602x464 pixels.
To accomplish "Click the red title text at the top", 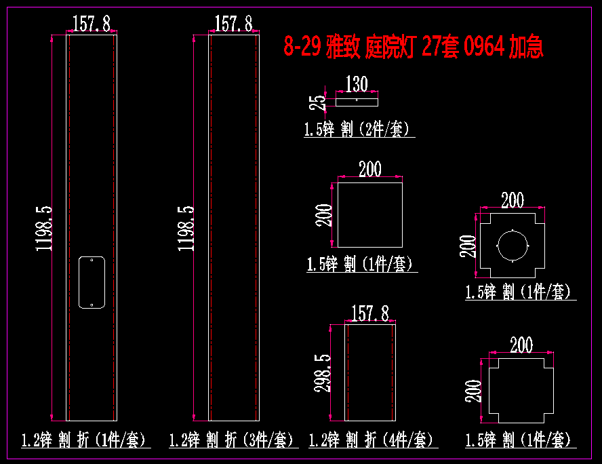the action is [x=414, y=46].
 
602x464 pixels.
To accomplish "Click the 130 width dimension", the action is [x=357, y=83].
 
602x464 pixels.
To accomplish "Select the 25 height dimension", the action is [x=317, y=102].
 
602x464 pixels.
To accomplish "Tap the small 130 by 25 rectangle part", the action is [x=357, y=102].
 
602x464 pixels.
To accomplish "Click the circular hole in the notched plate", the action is [x=513, y=246].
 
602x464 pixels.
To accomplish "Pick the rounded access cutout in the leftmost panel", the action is [x=92, y=282].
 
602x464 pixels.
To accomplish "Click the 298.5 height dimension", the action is [x=323, y=373].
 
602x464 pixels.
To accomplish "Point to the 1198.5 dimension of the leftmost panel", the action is [x=43, y=229].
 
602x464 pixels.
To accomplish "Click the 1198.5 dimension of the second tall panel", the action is [x=186, y=229].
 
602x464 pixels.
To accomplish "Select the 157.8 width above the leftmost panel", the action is [x=92, y=23].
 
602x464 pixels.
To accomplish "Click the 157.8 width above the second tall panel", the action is [x=233, y=23].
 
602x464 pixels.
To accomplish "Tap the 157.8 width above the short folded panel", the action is [x=370, y=313].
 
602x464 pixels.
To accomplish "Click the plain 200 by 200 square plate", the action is [x=370, y=215].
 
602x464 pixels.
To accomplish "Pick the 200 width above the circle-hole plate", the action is [x=513, y=199].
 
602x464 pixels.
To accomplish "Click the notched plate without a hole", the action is [x=521, y=391].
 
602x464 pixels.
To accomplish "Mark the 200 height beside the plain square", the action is [x=323, y=215].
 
